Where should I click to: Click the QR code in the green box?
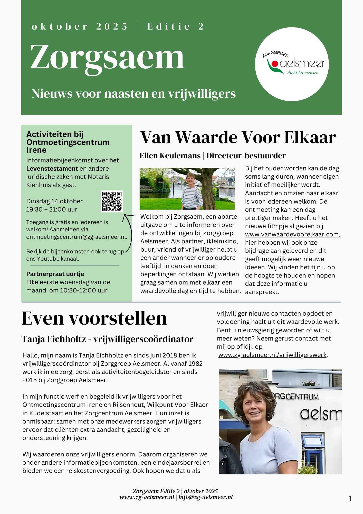point(112,201)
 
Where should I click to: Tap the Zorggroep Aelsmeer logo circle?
point(292,64)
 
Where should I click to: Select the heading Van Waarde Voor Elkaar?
point(238,137)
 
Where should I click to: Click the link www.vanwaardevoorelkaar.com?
point(292,234)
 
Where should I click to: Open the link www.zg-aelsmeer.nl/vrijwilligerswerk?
point(272,355)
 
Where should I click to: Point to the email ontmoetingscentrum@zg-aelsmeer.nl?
point(77,237)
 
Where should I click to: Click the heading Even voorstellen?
point(94,318)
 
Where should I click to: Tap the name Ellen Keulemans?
point(170,156)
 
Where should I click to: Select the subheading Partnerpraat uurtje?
point(55,274)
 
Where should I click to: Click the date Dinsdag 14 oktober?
point(54,201)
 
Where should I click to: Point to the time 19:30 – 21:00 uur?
point(52,209)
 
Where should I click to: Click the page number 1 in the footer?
point(350,499)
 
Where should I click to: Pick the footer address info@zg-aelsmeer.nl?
point(205,497)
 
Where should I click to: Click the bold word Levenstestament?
point(52,169)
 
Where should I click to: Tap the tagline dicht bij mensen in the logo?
point(303,73)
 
